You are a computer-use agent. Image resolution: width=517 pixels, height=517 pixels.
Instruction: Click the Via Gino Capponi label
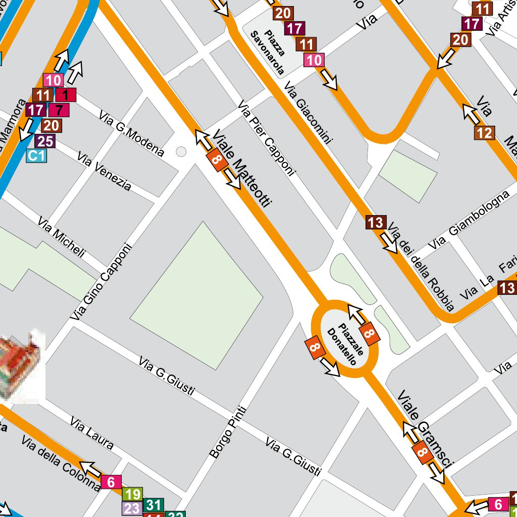[x=101, y=282]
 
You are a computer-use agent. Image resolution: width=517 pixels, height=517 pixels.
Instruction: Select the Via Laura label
[x=91, y=433]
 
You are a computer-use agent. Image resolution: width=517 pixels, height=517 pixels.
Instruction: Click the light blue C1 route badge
[x=36, y=156]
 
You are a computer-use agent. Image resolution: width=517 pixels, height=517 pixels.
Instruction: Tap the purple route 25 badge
[x=45, y=141]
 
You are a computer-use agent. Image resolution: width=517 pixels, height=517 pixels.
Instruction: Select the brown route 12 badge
[x=484, y=133]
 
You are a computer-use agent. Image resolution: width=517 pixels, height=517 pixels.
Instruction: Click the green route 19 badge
[x=133, y=494]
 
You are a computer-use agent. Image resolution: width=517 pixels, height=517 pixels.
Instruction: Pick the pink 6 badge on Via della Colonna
[x=111, y=482]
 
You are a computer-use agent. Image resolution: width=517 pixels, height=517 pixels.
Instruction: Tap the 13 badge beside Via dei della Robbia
[x=376, y=222]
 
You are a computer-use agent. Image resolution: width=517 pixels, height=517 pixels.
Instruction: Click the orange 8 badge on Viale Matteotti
[x=217, y=161]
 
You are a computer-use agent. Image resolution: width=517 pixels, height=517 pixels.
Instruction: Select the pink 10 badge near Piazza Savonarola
[x=314, y=61]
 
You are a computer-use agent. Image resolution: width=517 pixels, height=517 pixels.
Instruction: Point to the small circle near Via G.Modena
[x=181, y=151]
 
